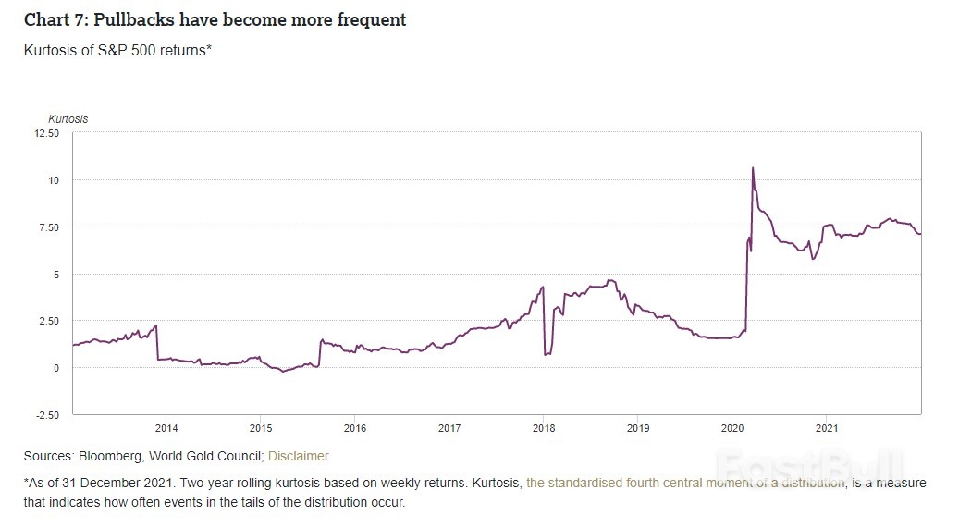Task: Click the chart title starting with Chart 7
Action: (x=215, y=19)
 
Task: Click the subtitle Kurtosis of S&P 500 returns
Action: (x=117, y=50)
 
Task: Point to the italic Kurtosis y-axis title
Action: (x=68, y=118)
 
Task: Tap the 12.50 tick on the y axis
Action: (x=46, y=133)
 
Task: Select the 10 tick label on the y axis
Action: (x=54, y=180)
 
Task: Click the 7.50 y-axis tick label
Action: (x=49, y=227)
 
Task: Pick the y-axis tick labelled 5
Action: (x=56, y=275)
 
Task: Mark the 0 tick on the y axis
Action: (x=56, y=368)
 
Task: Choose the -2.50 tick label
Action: (x=46, y=415)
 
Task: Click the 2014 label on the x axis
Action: (x=166, y=428)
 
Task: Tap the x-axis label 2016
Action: (x=355, y=428)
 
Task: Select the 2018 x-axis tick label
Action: (x=544, y=428)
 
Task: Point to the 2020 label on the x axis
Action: (x=732, y=428)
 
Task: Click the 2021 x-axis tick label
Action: (x=826, y=428)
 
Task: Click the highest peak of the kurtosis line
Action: (x=753, y=168)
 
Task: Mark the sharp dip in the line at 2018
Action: (x=546, y=354)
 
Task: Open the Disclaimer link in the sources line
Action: (x=298, y=456)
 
